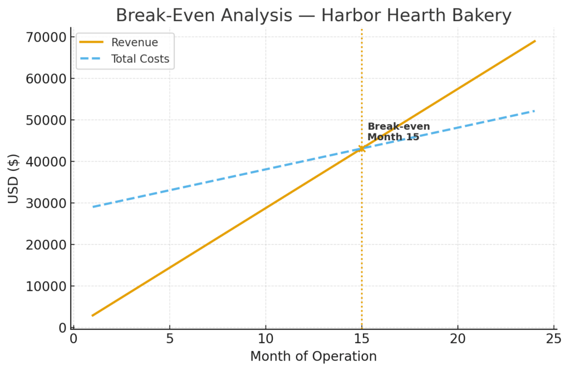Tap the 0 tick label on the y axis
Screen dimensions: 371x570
coord(62,328)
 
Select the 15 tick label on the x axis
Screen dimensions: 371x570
coord(361,339)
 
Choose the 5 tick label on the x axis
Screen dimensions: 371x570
coord(169,339)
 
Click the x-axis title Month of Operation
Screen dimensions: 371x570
coord(313,357)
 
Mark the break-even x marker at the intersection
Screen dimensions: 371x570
coord(361,149)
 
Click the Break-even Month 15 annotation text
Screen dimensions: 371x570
coord(398,132)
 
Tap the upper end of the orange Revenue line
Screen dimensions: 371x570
coord(535,41)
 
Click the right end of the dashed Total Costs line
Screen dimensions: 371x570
coord(534,111)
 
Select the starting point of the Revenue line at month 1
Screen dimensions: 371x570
coord(92,315)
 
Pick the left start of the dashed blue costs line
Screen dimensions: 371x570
coord(93,207)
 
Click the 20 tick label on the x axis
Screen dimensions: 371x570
coord(458,339)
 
